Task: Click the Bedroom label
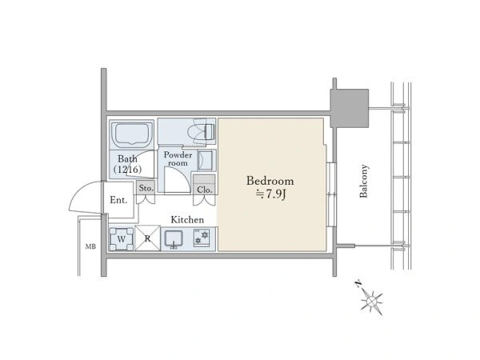[270, 181]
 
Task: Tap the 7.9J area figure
[270, 194]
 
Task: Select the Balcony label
[364, 182]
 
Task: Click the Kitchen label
[187, 219]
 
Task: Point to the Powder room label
[178, 158]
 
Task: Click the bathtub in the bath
[132, 134]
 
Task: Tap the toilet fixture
[204, 132]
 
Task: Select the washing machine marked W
[122, 238]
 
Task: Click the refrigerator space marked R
[147, 238]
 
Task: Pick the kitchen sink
[174, 239]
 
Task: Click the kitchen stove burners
[202, 238]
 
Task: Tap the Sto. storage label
[146, 188]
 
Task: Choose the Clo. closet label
[205, 190]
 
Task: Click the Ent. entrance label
[118, 200]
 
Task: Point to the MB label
[90, 246]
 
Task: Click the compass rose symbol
[371, 301]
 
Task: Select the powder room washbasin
[205, 160]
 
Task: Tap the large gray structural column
[350, 108]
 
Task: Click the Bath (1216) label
[127, 164]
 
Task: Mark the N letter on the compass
[358, 284]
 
